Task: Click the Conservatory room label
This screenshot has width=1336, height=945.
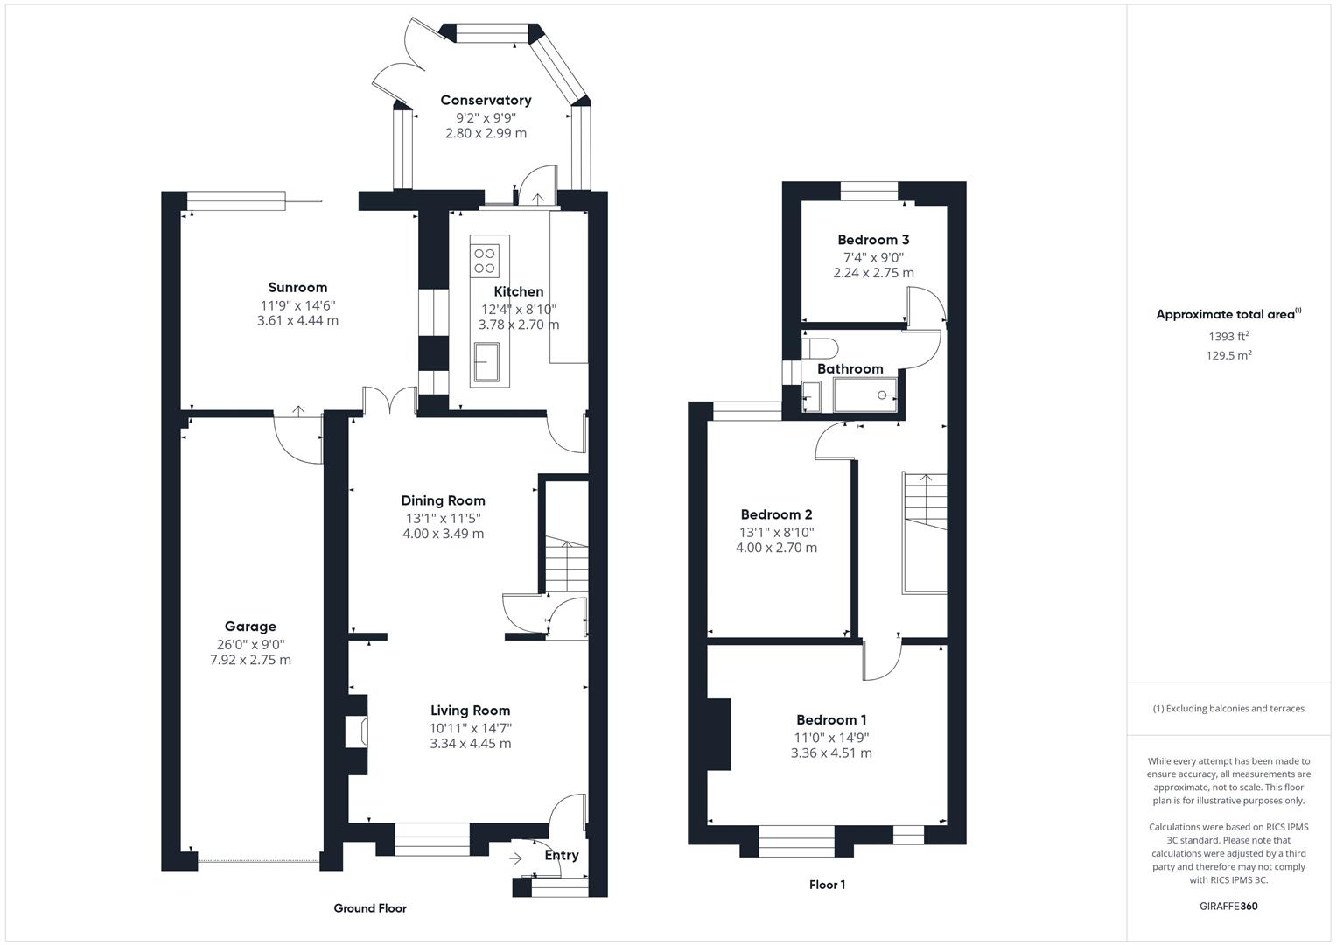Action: point(486,101)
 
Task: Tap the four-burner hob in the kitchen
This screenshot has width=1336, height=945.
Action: point(485,262)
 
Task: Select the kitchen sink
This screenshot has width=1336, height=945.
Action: point(486,362)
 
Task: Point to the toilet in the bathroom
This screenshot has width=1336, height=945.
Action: point(820,347)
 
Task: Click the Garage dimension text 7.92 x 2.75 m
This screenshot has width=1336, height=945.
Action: point(250,660)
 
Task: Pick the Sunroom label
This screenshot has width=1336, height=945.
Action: point(297,288)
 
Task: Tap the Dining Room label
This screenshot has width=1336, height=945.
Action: point(444,501)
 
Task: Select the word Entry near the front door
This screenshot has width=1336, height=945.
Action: point(561,856)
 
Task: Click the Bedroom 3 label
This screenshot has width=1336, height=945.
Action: point(873,240)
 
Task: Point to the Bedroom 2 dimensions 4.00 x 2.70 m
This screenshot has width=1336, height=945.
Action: point(777,548)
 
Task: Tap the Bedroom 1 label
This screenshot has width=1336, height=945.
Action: point(831,720)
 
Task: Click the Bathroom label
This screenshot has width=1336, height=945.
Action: point(850,369)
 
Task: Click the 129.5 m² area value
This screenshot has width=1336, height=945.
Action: point(1228,355)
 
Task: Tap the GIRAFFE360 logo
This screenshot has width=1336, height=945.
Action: point(1228,906)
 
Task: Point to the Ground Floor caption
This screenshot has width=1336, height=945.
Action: point(370,908)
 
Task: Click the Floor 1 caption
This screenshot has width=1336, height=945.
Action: point(828,885)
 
